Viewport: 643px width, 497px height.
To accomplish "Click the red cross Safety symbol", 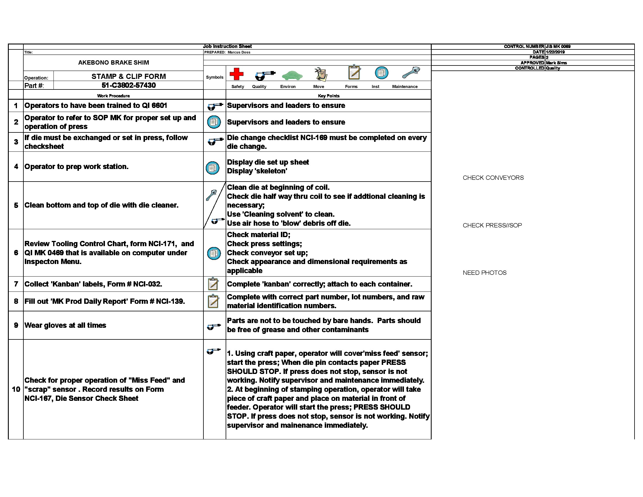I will (236, 74).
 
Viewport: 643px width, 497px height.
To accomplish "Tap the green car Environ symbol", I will (292, 75).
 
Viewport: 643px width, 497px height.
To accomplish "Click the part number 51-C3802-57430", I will (129, 85).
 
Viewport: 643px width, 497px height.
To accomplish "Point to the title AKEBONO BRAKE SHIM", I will (113, 63).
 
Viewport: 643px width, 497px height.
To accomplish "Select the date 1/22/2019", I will (555, 52).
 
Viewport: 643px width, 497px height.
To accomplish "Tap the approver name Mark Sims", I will (556, 63).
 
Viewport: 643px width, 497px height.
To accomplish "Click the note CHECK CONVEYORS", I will (493, 178).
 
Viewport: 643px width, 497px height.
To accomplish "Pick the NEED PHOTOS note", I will (485, 273).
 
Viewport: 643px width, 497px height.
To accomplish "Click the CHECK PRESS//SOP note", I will (492, 225).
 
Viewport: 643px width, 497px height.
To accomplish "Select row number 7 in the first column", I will (16, 284).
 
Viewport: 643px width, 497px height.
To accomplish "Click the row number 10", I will (16, 389).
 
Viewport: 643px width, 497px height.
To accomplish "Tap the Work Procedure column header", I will (113, 96).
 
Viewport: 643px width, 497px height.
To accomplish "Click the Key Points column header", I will (329, 96).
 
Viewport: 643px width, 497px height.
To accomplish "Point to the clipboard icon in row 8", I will (213, 301).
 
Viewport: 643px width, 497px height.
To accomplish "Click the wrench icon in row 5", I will (211, 195).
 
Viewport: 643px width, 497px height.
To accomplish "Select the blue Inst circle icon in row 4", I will (212, 168).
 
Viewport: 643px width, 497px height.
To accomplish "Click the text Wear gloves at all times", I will (65, 325).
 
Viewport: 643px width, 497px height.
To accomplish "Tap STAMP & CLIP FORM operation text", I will (129, 77).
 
